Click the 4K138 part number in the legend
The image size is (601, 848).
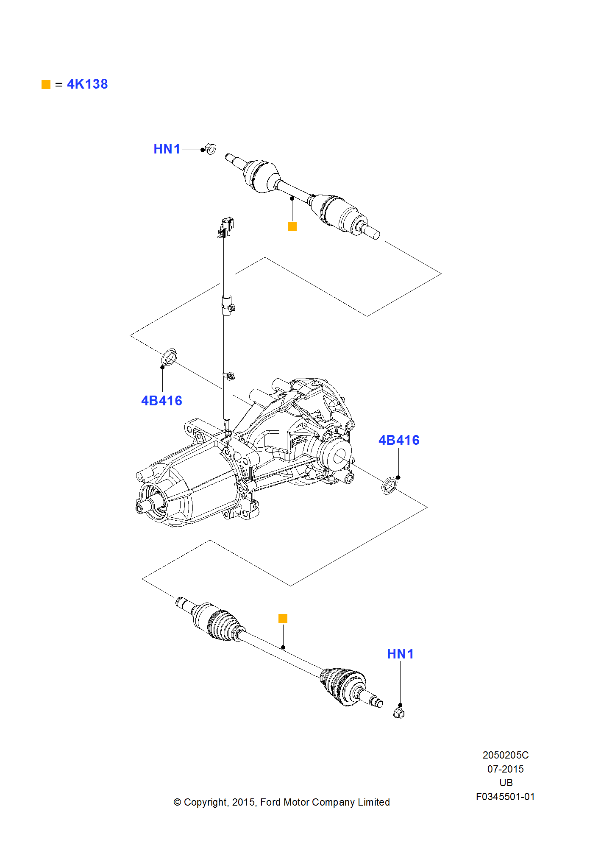[x=87, y=84]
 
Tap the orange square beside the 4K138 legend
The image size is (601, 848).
[x=46, y=85]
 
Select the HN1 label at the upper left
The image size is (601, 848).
[x=167, y=149]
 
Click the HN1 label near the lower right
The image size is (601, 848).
[x=400, y=654]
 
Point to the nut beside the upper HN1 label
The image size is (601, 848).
[x=210, y=149]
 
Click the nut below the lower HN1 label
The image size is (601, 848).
[x=399, y=713]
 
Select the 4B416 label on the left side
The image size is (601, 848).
[x=161, y=401]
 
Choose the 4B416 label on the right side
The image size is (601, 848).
[x=399, y=441]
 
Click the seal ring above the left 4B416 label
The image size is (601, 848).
[x=169, y=357]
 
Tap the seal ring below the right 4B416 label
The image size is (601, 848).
[x=390, y=485]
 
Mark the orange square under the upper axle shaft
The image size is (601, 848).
[x=292, y=227]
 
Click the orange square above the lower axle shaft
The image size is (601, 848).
[x=283, y=619]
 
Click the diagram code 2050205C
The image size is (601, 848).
[x=505, y=755]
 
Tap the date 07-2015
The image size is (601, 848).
[x=505, y=769]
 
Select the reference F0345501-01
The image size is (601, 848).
[x=505, y=797]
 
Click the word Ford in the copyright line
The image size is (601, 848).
[x=270, y=802]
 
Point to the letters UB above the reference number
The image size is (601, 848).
[x=506, y=783]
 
